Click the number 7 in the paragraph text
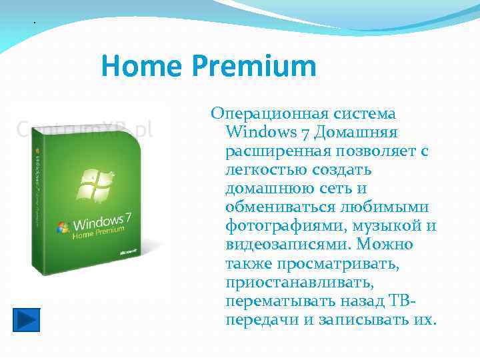click(x=307, y=133)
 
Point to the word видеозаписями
click(x=287, y=245)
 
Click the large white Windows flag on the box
click(x=96, y=183)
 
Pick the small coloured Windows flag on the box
click(x=64, y=227)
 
